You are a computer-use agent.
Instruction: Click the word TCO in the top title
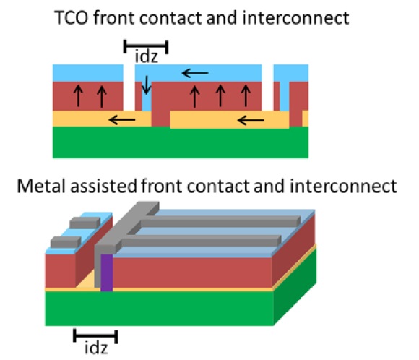click(72, 18)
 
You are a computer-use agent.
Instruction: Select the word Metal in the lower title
click(41, 186)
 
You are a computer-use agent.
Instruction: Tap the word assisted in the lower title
click(103, 186)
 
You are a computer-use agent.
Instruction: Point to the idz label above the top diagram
click(147, 56)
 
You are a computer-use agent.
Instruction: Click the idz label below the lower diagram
click(96, 348)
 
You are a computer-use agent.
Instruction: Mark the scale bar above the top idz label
click(146, 46)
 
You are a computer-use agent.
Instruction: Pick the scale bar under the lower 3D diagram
click(95, 336)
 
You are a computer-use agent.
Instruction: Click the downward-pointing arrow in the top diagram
click(146, 85)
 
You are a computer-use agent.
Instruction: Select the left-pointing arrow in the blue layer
click(195, 73)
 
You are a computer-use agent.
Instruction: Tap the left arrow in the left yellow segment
click(122, 120)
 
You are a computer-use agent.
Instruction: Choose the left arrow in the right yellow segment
click(251, 120)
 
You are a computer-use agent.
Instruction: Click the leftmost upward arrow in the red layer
click(78, 96)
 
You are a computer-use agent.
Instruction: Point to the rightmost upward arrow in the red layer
click(246, 96)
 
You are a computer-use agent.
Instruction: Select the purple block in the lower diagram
click(107, 273)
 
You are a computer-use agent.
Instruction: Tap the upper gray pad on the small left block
click(85, 223)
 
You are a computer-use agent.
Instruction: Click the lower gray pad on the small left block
click(66, 241)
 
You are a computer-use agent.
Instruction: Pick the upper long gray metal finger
click(217, 221)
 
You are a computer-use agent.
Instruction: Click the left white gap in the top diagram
click(129, 87)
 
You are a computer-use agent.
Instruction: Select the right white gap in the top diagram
click(267, 87)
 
